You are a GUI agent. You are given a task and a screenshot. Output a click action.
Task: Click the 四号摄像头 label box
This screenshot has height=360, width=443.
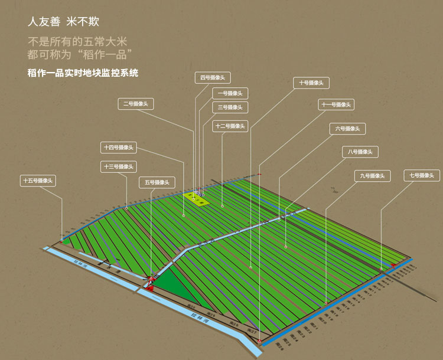pyautogui.click(x=213, y=77)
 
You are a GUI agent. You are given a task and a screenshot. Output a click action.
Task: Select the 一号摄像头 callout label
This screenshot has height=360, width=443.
pyautogui.click(x=230, y=93)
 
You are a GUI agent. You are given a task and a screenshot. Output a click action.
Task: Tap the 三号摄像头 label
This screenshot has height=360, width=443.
pyautogui.click(x=230, y=107)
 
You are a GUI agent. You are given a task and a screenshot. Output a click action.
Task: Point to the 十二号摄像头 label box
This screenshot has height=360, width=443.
pyautogui.click(x=230, y=126)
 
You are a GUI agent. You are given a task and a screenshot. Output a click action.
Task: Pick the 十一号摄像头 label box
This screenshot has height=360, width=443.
pyautogui.click(x=336, y=105)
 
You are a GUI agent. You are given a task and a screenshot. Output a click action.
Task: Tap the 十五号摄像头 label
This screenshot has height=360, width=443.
pyautogui.click(x=38, y=181)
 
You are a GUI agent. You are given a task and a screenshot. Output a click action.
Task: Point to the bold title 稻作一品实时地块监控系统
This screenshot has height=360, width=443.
pyautogui.click(x=83, y=73)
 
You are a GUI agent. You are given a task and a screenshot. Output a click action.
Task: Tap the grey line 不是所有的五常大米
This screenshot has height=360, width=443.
pyautogui.click(x=77, y=42)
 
